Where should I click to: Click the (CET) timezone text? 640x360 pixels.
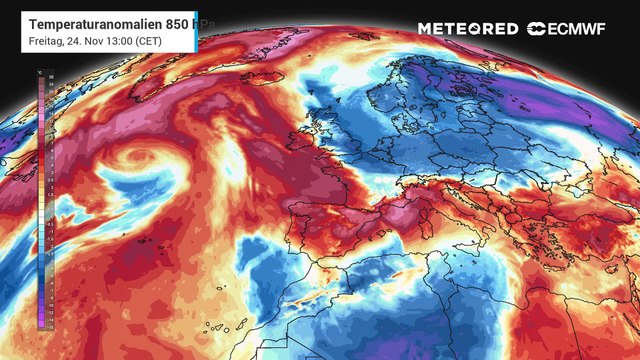click(x=144, y=41)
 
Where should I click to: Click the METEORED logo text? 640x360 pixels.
click(x=467, y=29)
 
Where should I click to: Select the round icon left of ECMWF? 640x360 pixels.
click(x=538, y=29)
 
